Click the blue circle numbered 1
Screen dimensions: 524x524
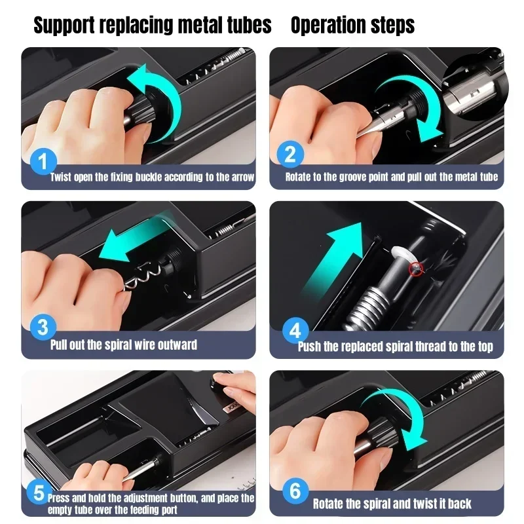click(x=43, y=161)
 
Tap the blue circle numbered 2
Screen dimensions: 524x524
click(x=290, y=155)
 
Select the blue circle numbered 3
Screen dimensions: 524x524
click(x=43, y=327)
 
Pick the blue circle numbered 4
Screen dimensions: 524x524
click(x=295, y=331)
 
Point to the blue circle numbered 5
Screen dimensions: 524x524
click(x=39, y=493)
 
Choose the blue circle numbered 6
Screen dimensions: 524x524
click(x=295, y=491)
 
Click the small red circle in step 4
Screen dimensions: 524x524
click(x=417, y=268)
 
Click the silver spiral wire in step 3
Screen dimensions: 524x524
click(x=145, y=276)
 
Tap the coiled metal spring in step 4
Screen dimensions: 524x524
click(x=366, y=307)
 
